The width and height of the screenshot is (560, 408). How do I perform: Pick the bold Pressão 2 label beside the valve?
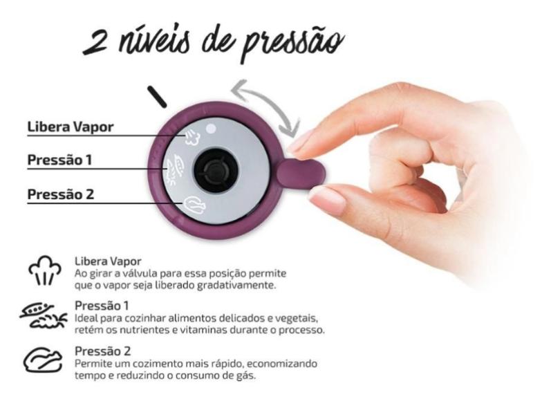[60, 194]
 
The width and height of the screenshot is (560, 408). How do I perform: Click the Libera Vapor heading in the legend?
[108, 262]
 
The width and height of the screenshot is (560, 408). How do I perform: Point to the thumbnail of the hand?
[326, 201]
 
